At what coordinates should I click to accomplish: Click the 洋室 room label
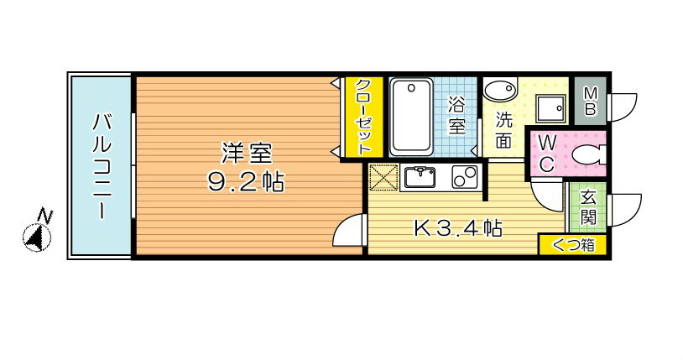pyautogui.click(x=246, y=154)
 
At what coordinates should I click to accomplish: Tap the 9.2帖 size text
pyautogui.click(x=246, y=180)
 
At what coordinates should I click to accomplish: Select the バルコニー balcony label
pyautogui.click(x=100, y=164)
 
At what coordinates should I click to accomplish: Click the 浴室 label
pyautogui.click(x=456, y=116)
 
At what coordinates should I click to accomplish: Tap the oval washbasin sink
pyautogui.click(x=502, y=90)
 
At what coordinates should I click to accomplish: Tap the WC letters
pyautogui.click(x=545, y=154)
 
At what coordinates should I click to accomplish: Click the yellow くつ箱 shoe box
pyautogui.click(x=572, y=245)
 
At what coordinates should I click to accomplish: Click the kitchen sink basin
pyautogui.click(x=419, y=177)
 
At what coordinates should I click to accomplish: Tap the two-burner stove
pyautogui.click(x=463, y=177)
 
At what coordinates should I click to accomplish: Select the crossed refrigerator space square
pyautogui.click(x=383, y=179)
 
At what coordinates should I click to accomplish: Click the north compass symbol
pyautogui.click(x=35, y=235)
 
